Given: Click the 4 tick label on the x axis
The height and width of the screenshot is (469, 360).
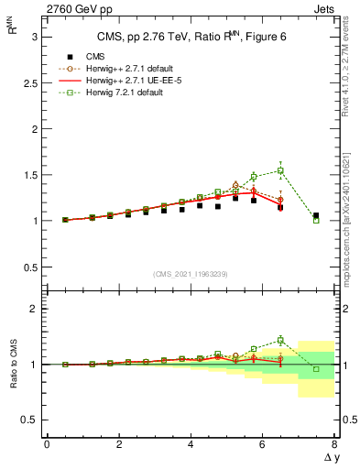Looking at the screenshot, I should click(x=191, y=444).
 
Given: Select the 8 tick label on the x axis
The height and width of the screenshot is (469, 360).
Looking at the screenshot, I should click(x=334, y=444).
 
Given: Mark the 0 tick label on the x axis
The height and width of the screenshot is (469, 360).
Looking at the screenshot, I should click(x=47, y=444).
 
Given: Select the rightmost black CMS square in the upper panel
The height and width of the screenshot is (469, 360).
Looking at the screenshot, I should click(x=316, y=216).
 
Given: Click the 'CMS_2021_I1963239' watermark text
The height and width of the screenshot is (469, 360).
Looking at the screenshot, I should click(x=191, y=274).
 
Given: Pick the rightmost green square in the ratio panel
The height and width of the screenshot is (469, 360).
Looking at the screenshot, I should click(x=316, y=369).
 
